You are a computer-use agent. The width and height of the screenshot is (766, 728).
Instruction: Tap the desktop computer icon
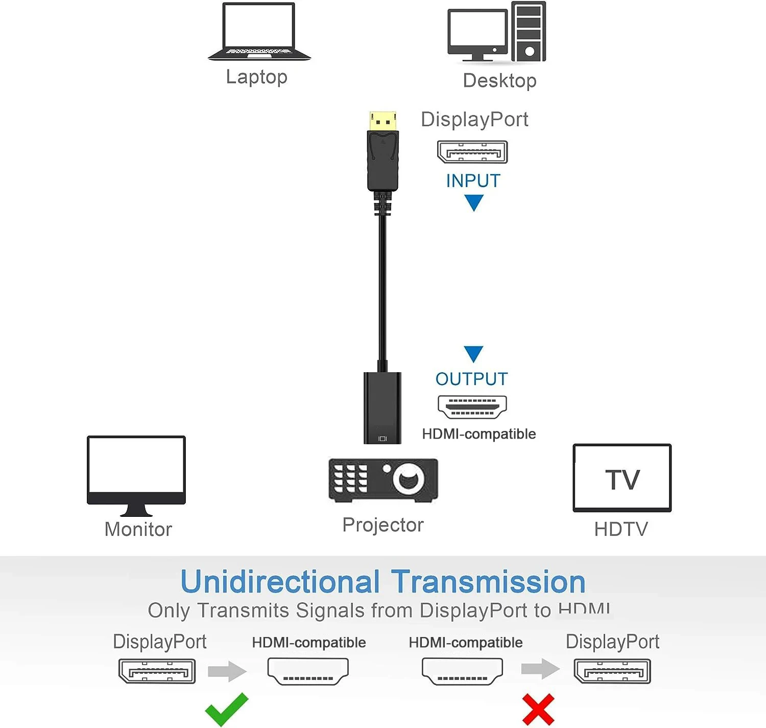tap(497, 32)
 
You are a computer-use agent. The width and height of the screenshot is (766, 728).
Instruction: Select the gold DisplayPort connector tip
tap(382, 121)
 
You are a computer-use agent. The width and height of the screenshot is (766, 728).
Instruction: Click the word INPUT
tap(473, 181)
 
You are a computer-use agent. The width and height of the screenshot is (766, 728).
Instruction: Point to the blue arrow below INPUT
tap(474, 202)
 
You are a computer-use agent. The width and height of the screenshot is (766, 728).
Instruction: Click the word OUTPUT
tap(471, 379)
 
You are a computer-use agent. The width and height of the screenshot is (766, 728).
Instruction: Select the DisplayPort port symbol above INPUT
tap(472, 152)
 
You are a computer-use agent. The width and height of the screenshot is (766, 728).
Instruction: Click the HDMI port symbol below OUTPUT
tap(472, 407)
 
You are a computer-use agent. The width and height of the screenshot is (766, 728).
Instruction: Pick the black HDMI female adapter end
tap(382, 407)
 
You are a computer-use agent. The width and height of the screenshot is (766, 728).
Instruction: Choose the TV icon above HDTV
tap(622, 478)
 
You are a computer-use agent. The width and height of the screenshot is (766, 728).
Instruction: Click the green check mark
tap(226, 710)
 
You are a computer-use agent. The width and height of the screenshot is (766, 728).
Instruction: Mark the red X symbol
tap(538, 710)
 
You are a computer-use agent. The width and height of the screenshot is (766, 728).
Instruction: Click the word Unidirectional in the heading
tap(280, 582)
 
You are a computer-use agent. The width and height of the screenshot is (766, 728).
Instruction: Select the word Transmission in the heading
tap(488, 582)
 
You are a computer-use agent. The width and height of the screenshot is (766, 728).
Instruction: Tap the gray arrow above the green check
tap(227, 671)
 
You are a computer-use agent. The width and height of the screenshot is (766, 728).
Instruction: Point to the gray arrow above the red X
tap(540, 669)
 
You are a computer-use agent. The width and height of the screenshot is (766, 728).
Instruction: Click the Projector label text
tap(383, 525)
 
